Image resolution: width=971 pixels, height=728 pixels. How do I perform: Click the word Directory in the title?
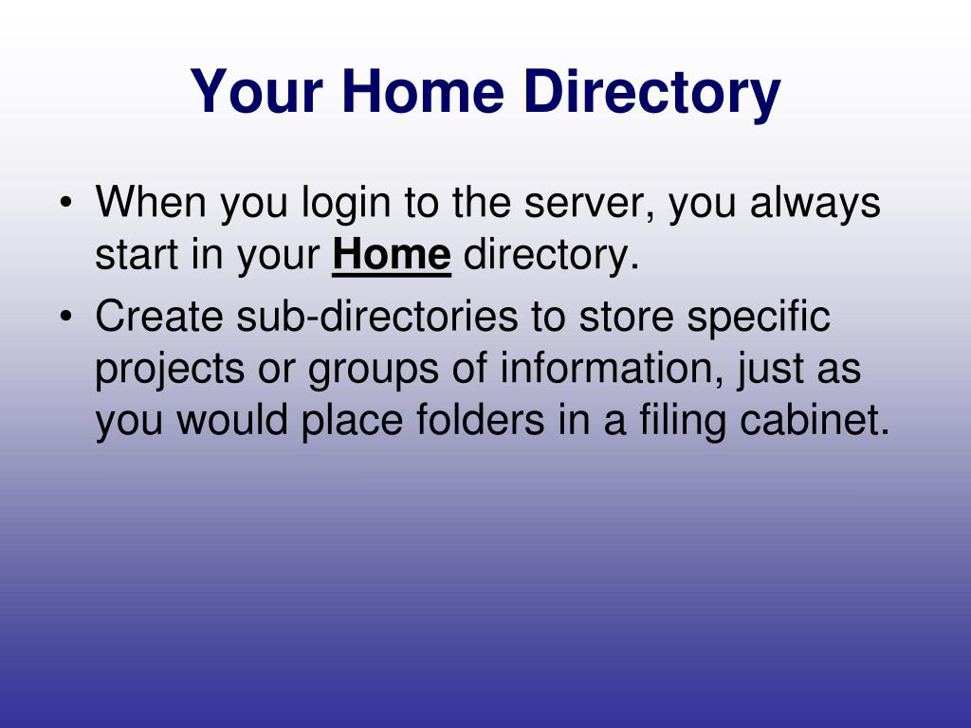[651, 92]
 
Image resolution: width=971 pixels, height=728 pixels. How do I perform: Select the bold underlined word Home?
[392, 254]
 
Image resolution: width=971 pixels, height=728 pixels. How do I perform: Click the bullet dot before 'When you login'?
[65, 203]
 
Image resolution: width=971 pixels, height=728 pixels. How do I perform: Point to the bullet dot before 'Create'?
[65, 317]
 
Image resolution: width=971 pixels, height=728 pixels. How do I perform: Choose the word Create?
[159, 316]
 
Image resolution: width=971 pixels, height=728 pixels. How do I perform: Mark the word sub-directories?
[377, 316]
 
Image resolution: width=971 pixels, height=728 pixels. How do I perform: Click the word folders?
[480, 420]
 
